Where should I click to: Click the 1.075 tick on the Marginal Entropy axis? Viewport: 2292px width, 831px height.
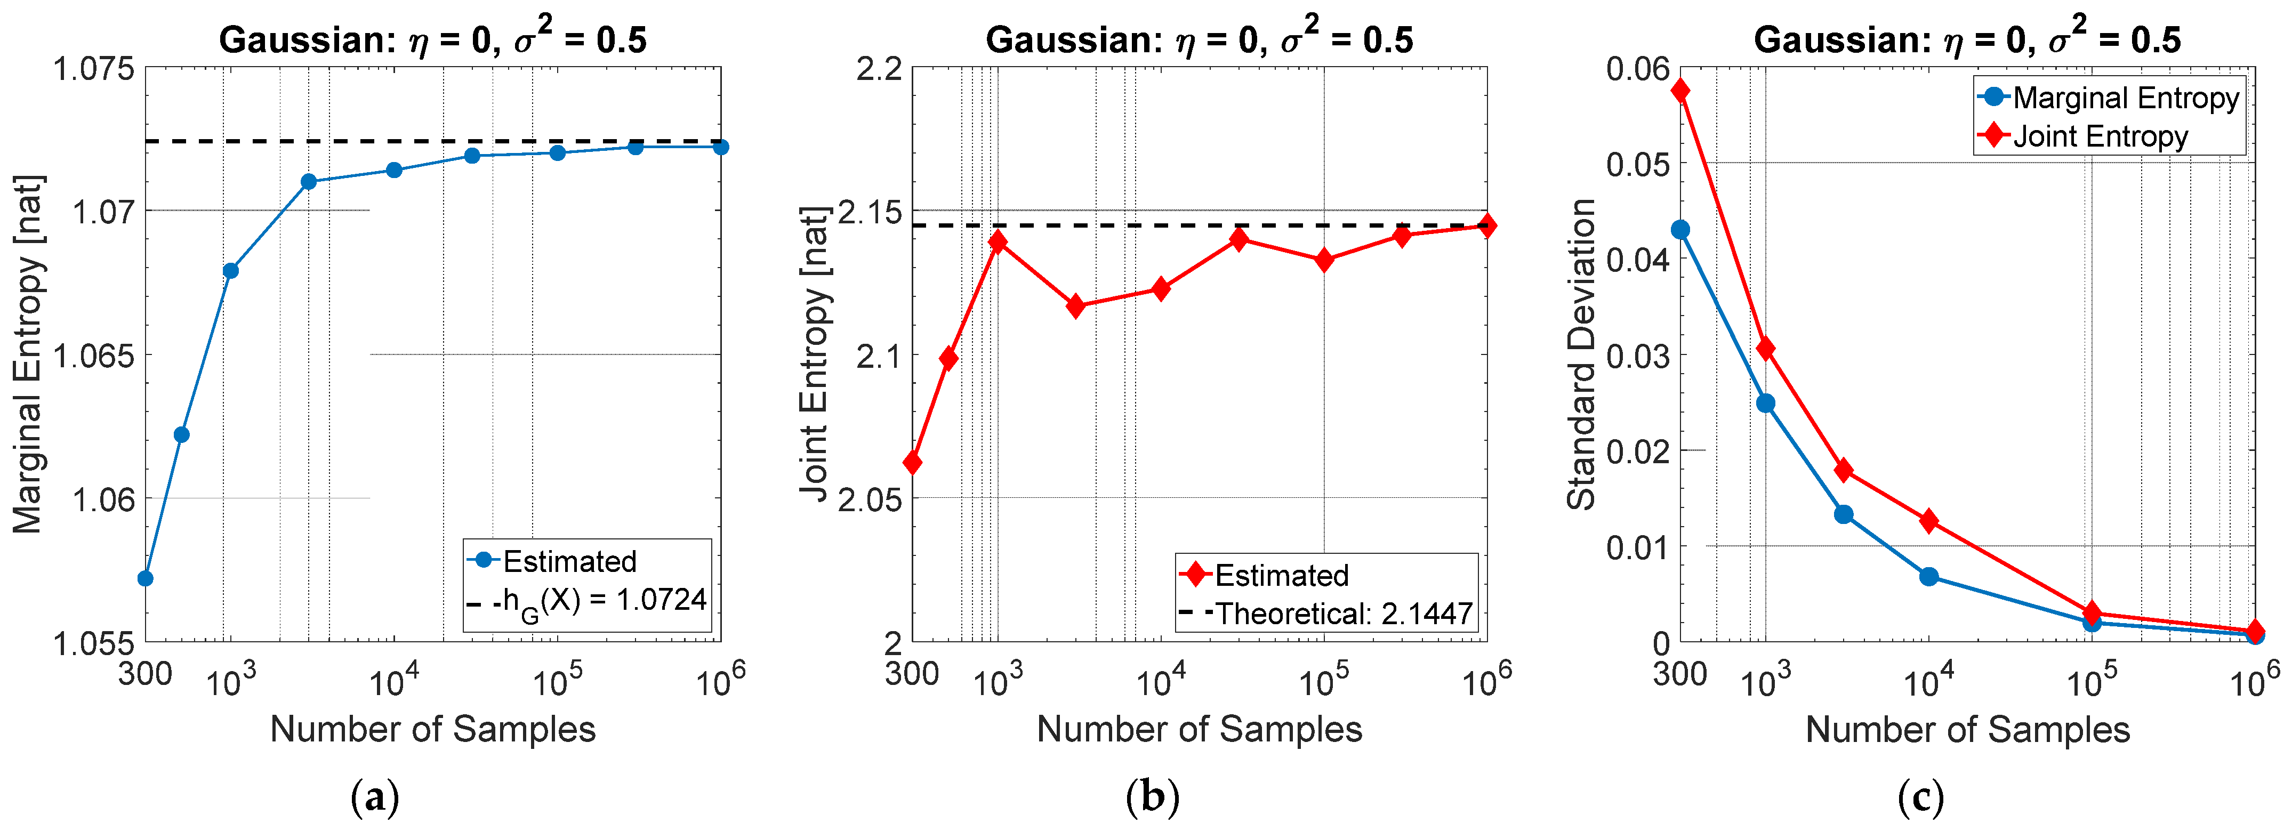coord(93,69)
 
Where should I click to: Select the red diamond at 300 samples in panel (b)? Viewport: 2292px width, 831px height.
coord(912,463)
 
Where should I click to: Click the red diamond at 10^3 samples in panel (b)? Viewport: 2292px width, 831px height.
coord(998,241)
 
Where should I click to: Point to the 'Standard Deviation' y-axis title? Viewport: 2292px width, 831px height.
coord(1581,354)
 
